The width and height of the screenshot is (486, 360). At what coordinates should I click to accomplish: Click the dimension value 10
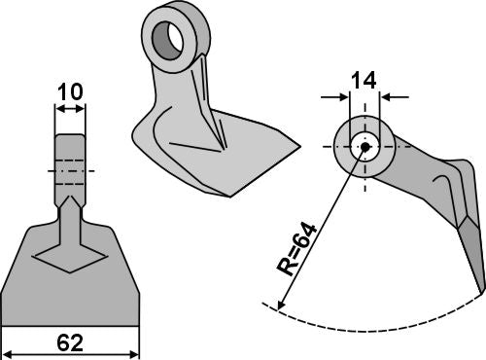coord(70,91)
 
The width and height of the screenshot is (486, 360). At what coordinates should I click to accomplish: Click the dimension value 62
coord(70,341)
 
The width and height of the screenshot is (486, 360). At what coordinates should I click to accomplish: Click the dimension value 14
coord(364,80)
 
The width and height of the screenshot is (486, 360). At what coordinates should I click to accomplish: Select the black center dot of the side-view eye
coord(364,148)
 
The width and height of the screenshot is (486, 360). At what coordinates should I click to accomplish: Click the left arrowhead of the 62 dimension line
coord(8,353)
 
